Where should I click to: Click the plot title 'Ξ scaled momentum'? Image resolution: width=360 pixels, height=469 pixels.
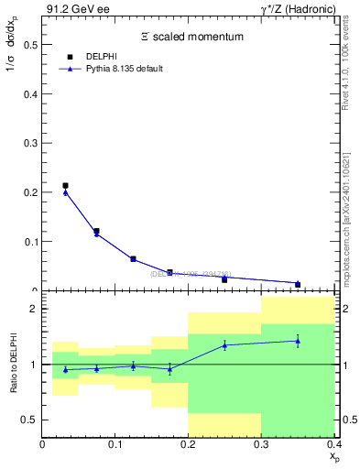(x=191, y=37)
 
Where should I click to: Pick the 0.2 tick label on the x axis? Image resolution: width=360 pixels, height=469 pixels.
(x=188, y=445)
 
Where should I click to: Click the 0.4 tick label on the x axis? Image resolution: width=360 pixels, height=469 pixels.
(x=333, y=445)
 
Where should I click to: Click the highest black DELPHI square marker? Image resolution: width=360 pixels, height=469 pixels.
(x=65, y=186)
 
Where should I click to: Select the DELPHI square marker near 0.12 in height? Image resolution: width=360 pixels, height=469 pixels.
(x=96, y=231)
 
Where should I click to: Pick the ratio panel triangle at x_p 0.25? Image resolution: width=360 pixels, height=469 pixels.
(x=224, y=345)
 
